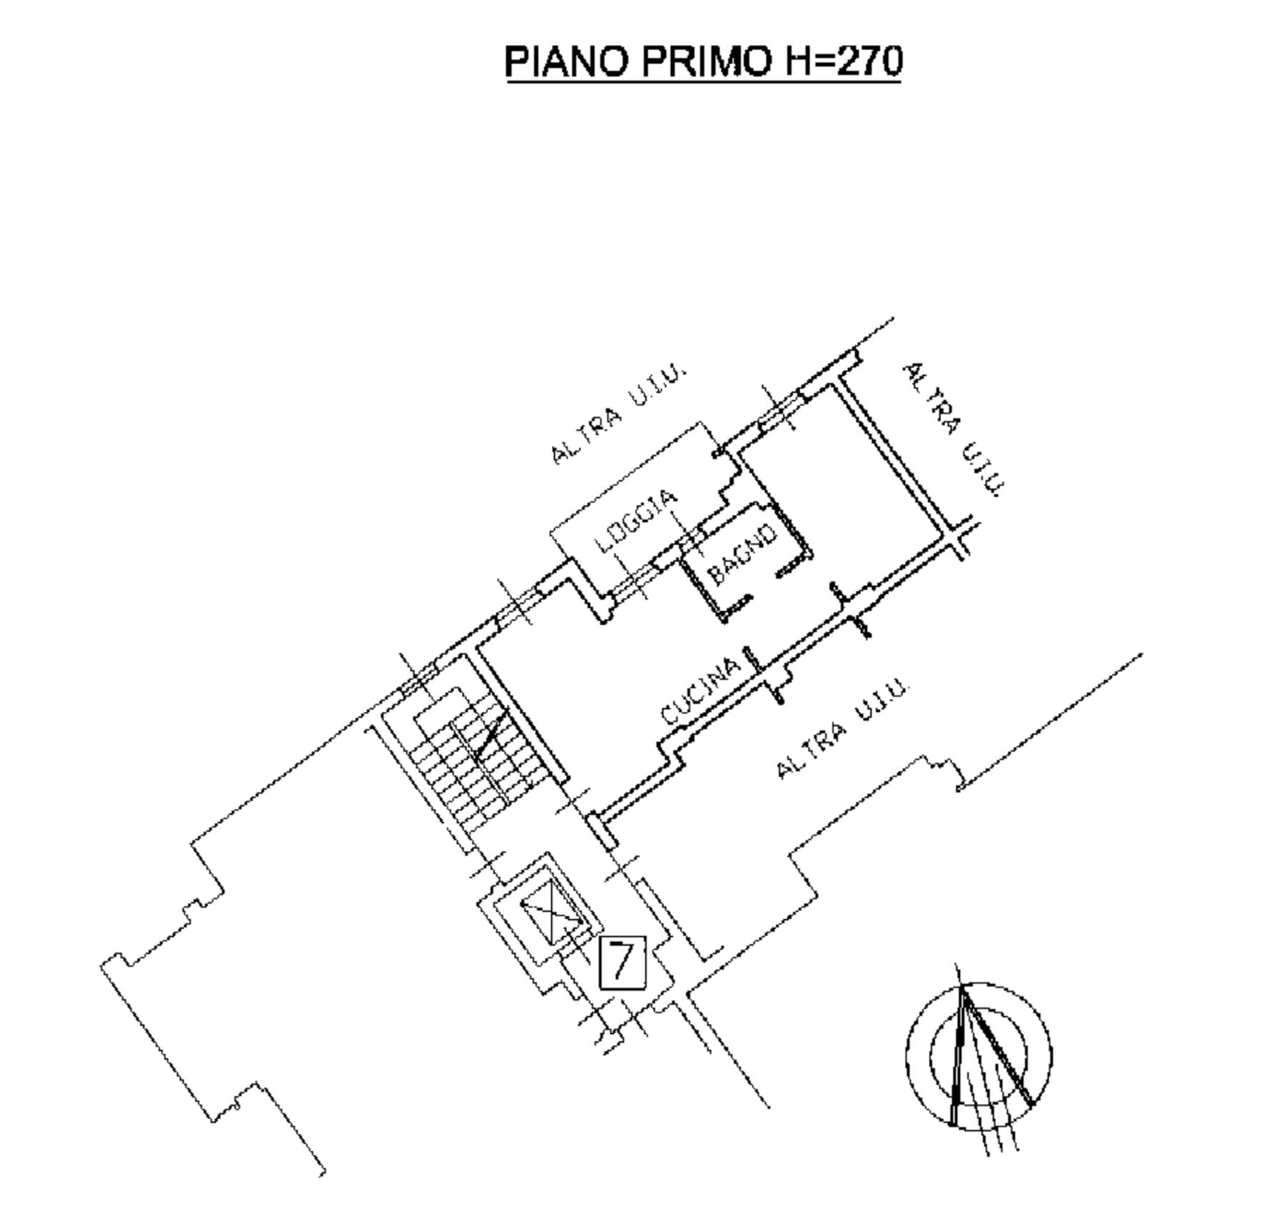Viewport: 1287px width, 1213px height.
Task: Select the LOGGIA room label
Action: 636,521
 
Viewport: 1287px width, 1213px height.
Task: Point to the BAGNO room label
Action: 741,553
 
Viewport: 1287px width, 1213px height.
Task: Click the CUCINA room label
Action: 700,692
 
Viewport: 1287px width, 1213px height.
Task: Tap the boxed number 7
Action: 622,963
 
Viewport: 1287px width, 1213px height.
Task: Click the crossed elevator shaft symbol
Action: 553,914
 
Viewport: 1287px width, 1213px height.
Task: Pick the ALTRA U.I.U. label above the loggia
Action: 618,415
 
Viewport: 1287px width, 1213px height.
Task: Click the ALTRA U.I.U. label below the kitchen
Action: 842,728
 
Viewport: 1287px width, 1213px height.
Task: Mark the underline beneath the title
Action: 704,82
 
